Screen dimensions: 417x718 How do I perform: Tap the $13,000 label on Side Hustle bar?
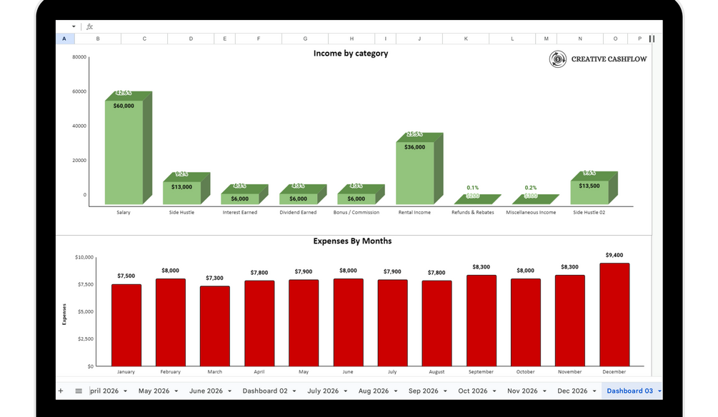pos(181,187)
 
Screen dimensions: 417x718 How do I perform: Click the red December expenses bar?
pos(614,314)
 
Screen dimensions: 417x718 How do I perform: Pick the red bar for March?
pos(214,326)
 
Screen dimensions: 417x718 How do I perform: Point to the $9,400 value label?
pos(614,255)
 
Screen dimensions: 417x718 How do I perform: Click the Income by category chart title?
pos(351,54)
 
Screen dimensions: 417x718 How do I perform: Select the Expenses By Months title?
pos(352,241)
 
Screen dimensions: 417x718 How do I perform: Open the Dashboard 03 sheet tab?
pos(629,391)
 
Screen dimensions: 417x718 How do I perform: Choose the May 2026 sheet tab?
pos(155,391)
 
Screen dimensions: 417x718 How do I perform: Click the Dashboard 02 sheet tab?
pos(265,391)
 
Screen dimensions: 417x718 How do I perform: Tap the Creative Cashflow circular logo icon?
pos(557,59)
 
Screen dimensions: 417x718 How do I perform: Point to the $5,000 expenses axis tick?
pos(84,311)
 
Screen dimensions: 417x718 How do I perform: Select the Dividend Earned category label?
pos(298,212)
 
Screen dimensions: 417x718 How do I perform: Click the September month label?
pos(481,372)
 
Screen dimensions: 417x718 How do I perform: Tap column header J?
pos(419,39)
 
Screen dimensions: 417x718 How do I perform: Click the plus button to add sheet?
pos(61,391)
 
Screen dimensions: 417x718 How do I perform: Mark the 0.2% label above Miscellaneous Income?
pos(531,188)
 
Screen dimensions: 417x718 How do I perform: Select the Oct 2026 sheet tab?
pos(473,391)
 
